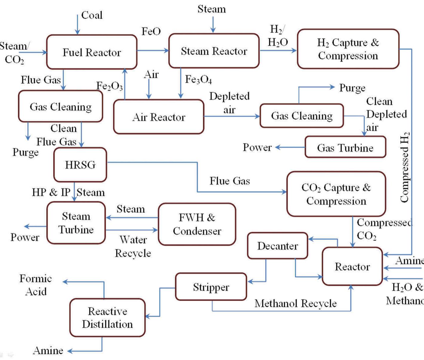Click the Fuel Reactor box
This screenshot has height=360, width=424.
[x=92, y=52]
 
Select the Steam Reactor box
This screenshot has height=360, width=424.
[x=214, y=51]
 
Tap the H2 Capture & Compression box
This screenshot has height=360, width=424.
[x=348, y=49]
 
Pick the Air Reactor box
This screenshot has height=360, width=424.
[x=159, y=117]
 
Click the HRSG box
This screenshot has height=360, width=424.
[x=80, y=165]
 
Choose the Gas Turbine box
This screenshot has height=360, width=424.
[x=345, y=147]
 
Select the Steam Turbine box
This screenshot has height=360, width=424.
[x=76, y=223]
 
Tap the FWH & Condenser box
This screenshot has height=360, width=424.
[x=197, y=224]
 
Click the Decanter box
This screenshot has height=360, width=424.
[x=278, y=246]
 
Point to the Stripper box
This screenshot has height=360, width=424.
[x=211, y=287]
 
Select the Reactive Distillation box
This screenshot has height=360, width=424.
[x=107, y=318]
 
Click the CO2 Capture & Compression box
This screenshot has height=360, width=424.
[x=336, y=194]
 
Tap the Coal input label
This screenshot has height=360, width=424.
[x=92, y=15]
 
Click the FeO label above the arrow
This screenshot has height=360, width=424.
[x=151, y=31]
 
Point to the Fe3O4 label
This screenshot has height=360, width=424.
[x=198, y=79]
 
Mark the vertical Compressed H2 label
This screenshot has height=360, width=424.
[x=404, y=167]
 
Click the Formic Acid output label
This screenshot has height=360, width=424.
[x=36, y=285]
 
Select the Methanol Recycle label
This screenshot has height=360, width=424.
[x=296, y=303]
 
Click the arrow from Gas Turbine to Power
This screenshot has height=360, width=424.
[x=290, y=147]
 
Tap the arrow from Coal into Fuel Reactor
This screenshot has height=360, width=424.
[x=77, y=24]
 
